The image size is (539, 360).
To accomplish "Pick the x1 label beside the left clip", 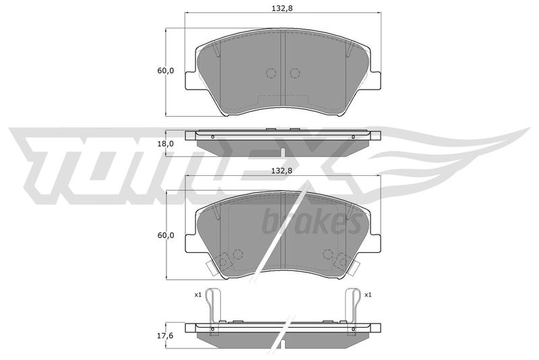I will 198,295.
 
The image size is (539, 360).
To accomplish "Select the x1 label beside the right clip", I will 368,295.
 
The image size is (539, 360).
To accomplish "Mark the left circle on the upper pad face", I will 272,73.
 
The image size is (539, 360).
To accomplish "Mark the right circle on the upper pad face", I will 294,73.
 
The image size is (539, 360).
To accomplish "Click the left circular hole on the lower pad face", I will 237,254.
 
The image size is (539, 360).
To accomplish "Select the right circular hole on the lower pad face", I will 328,254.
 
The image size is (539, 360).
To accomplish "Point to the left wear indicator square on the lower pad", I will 222,259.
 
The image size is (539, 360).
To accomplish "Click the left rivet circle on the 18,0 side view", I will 212,138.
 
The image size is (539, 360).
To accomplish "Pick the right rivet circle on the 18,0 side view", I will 353,138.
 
